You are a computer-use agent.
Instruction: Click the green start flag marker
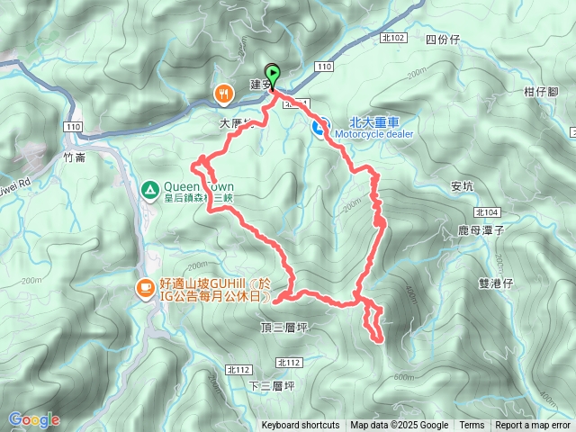tap(271, 74)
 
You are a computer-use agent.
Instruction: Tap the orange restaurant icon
tap(222, 92)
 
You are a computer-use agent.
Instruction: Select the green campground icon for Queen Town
tap(149, 189)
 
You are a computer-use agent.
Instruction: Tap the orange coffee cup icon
tap(144, 287)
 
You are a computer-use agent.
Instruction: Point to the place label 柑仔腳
tap(541, 92)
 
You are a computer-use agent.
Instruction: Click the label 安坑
tap(462, 186)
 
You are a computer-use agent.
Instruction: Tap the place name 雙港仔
tap(495, 282)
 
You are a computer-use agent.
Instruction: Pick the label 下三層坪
tap(271, 385)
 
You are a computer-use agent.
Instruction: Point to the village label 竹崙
tap(75, 156)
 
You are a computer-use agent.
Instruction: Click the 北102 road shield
tap(394, 37)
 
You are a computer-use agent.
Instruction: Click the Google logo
tap(33, 419)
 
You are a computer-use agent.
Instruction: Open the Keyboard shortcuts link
tap(301, 426)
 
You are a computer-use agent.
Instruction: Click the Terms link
tap(472, 426)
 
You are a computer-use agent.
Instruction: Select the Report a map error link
tap(533, 426)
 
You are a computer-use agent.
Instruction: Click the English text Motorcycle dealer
tap(373, 134)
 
